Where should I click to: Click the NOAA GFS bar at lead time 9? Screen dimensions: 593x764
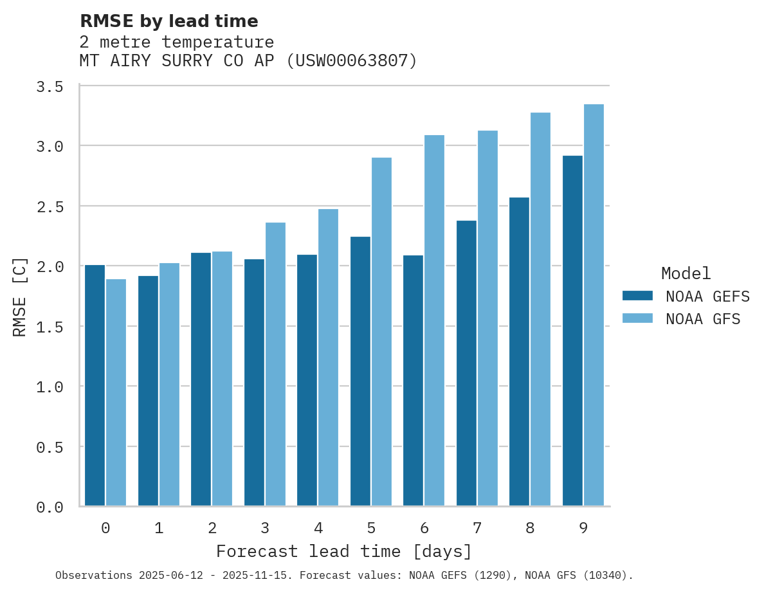(x=594, y=305)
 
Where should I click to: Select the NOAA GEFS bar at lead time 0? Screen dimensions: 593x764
(x=95, y=385)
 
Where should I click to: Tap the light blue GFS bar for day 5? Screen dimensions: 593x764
(x=381, y=331)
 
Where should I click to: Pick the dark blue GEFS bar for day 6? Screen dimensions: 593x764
(x=413, y=380)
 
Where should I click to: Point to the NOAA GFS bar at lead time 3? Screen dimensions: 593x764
(x=275, y=364)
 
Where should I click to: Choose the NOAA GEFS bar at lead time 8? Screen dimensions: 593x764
(x=519, y=351)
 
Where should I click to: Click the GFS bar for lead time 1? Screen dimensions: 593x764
(x=169, y=384)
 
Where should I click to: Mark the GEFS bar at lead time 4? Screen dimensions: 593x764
(x=307, y=380)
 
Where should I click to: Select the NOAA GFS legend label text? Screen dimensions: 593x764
(x=703, y=319)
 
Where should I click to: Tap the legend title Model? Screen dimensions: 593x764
(x=686, y=274)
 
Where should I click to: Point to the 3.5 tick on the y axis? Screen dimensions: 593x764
(x=50, y=87)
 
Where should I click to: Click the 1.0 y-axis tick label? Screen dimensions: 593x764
(x=50, y=387)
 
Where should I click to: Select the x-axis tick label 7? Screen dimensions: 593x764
(x=477, y=529)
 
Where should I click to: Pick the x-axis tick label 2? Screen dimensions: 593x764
(x=212, y=529)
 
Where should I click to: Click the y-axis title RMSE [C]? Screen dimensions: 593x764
(x=21, y=296)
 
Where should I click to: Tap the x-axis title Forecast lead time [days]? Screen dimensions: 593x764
(x=344, y=552)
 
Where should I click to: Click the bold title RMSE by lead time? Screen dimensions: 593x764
(x=168, y=21)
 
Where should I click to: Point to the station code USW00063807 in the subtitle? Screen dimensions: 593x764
(x=352, y=61)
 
